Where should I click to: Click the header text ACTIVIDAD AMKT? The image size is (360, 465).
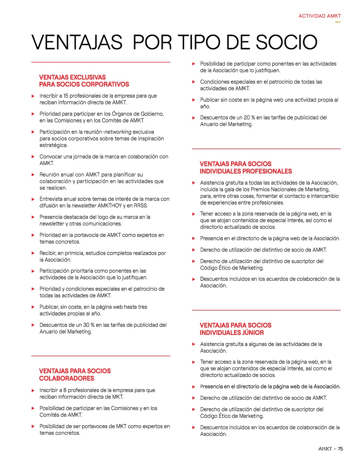tap(319, 16)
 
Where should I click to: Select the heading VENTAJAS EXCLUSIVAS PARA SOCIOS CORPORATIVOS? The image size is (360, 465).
tap(84, 81)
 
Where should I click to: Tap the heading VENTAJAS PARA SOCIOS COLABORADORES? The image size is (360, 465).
tap(75, 374)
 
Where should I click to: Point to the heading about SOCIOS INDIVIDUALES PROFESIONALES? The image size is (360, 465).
tap(245, 167)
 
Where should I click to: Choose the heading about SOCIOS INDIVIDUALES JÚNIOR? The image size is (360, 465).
tap(235, 329)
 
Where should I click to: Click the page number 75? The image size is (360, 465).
tap(340, 449)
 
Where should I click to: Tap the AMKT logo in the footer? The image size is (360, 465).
tap(325, 449)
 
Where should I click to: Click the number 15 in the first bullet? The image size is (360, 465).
tap(66, 96)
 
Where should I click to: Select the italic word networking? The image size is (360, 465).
tap(118, 132)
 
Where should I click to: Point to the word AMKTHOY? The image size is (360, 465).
tap(110, 206)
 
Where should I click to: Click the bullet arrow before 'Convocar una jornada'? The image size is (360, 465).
tap(33, 157)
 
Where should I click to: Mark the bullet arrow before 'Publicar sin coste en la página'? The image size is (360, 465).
tap(194, 100)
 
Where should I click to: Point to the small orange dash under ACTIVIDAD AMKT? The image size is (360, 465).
tap(338, 22)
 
